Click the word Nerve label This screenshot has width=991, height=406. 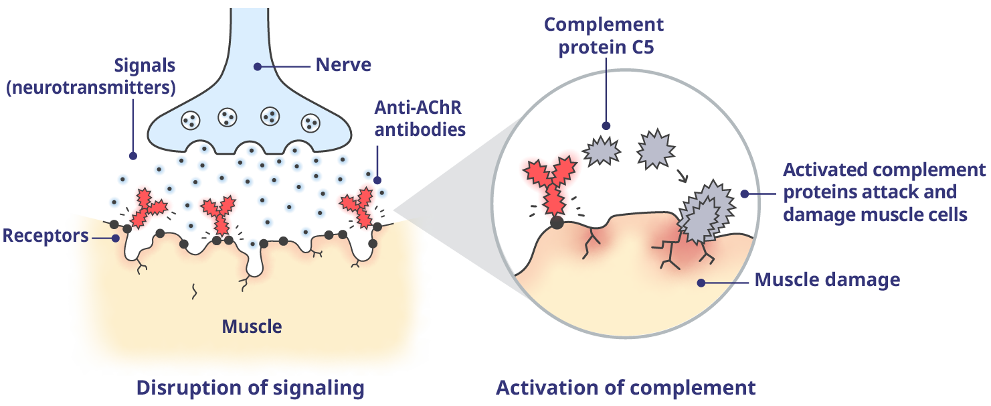coord(343,66)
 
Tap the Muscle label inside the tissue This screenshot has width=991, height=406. coord(252,327)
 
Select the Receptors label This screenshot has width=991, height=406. coord(46,236)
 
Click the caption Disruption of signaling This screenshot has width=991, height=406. coord(250,388)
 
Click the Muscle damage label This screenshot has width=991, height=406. coord(827,279)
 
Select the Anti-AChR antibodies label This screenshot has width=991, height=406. coord(420,118)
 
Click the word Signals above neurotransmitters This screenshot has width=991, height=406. coord(145,66)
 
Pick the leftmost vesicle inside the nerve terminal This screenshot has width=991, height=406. coord(191,120)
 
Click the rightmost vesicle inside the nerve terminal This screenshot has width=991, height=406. coord(311,122)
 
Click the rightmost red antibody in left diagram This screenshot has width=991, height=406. coord(359,205)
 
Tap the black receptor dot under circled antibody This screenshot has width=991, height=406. coord(556,223)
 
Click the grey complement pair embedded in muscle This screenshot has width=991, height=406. coord(703,214)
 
